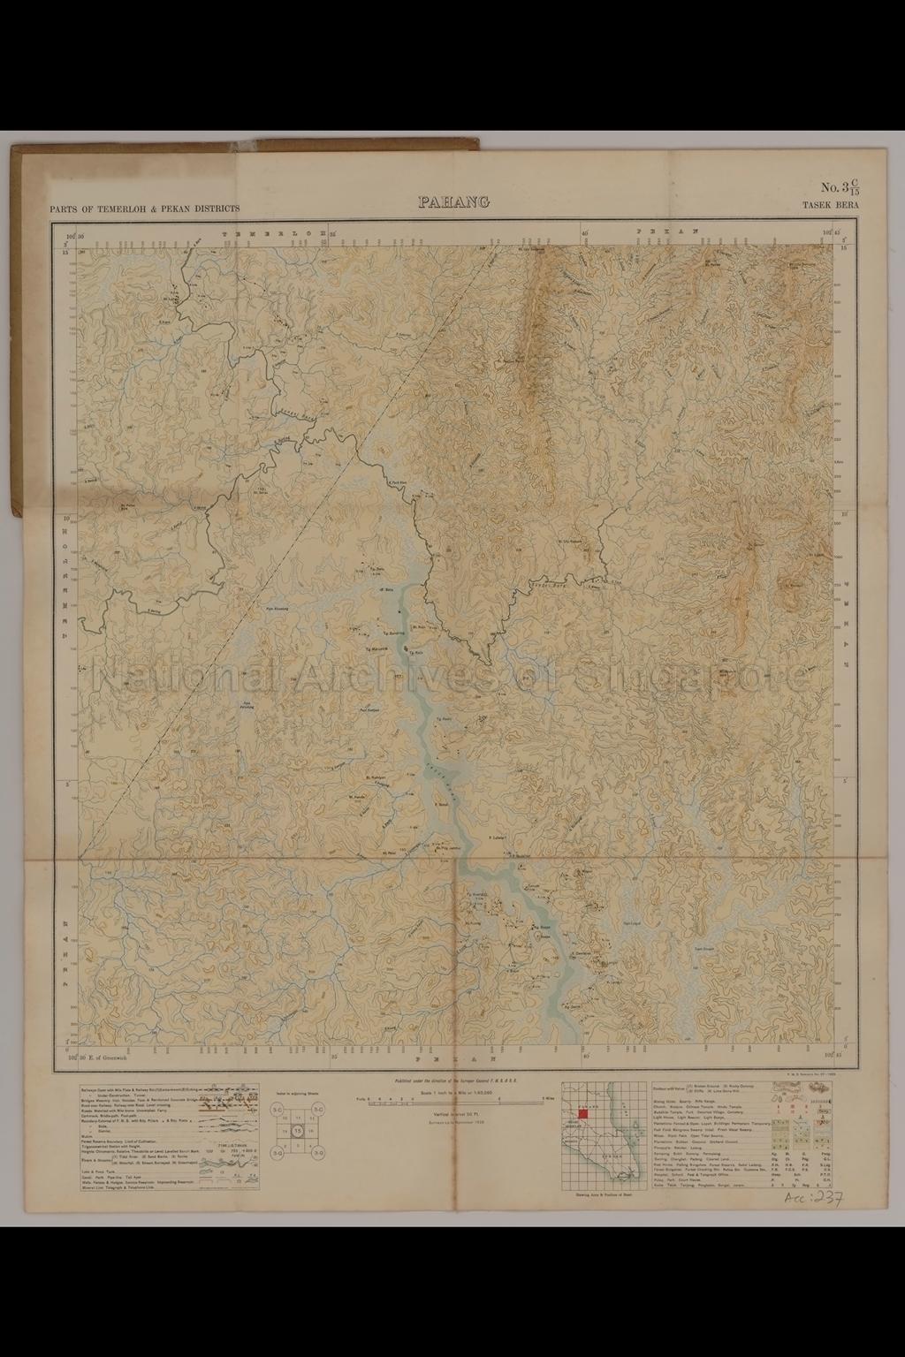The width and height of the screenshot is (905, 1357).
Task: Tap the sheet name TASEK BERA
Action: tap(831, 207)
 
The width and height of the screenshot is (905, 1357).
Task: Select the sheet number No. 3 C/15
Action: tap(840, 187)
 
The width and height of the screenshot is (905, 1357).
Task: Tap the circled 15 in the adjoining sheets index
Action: tap(299, 1131)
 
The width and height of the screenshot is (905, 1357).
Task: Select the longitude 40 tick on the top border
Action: tap(585, 233)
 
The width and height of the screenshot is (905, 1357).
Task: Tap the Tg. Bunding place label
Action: tap(394, 633)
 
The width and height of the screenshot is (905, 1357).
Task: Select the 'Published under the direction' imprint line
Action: tap(452, 1080)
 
